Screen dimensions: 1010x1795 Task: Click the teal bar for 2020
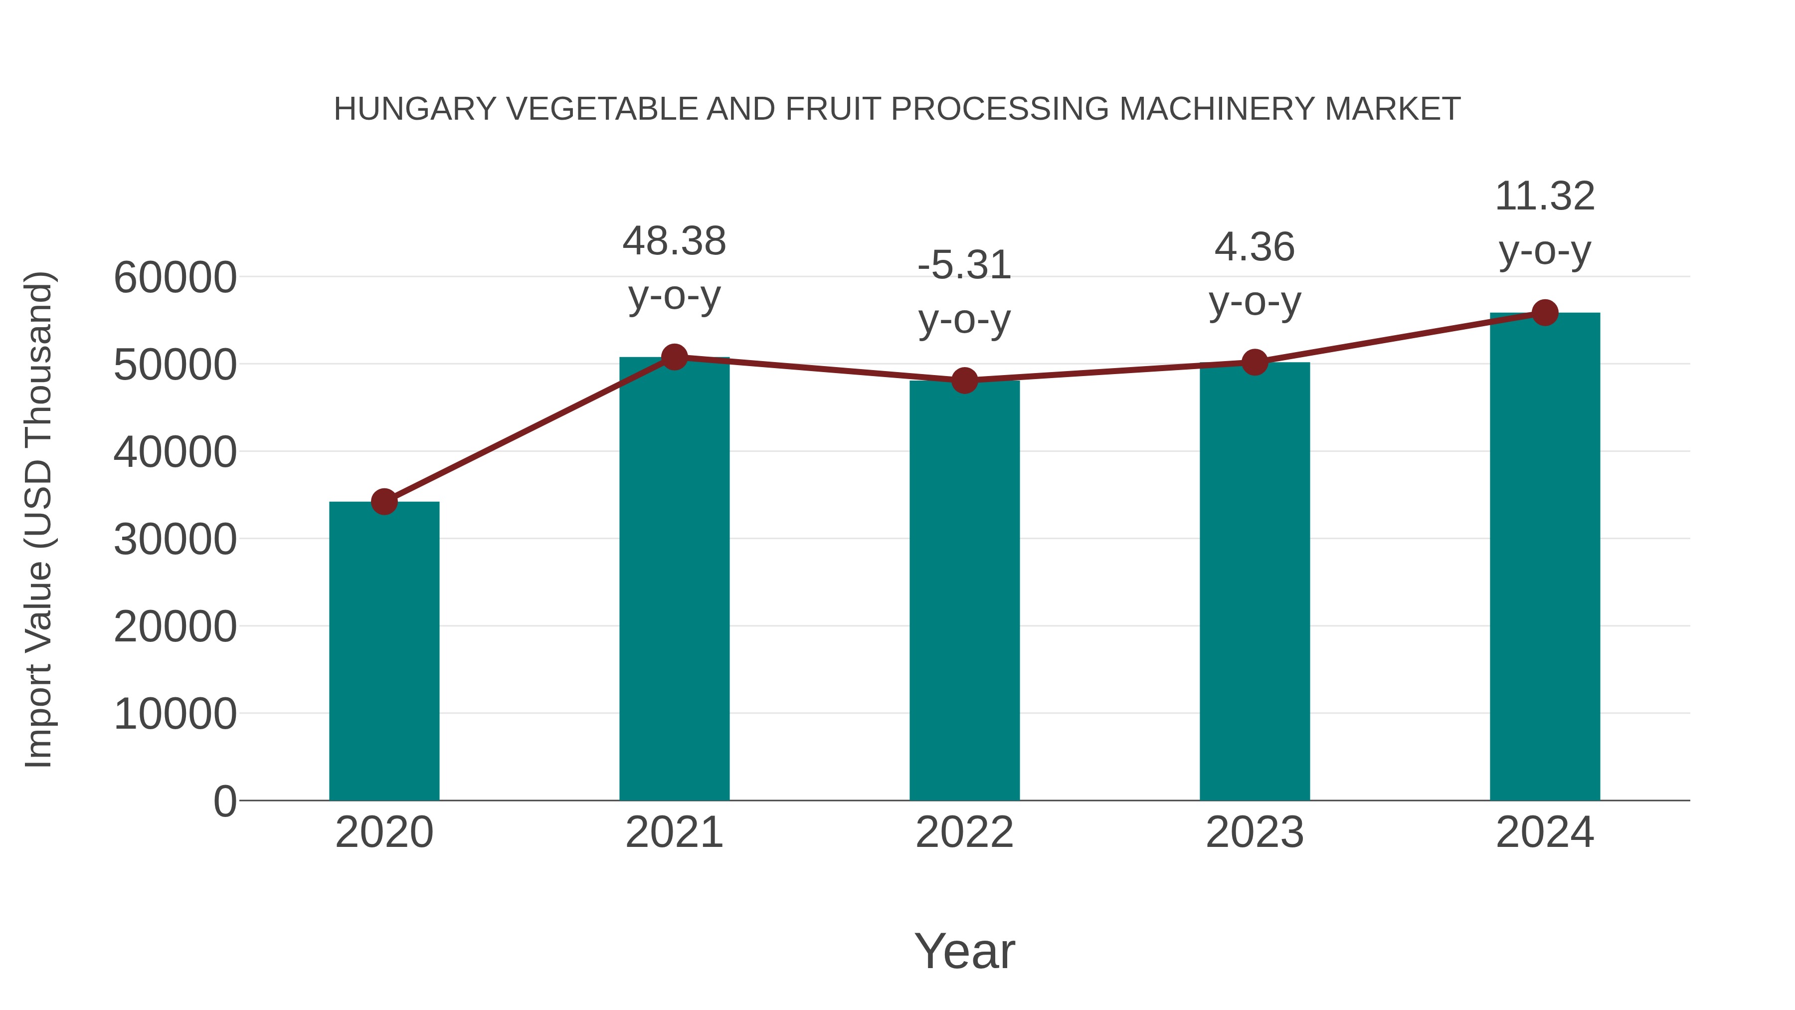384,652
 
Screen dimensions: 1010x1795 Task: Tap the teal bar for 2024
1545,558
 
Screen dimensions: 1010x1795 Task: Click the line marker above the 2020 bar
384,501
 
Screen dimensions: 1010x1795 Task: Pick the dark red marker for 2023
1255,363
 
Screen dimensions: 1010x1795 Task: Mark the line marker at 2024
1545,313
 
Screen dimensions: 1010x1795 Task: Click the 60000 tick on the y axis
175,277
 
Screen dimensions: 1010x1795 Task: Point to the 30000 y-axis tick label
175,540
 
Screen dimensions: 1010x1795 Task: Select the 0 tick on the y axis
224,801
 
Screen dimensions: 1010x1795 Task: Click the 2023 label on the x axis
1255,832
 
